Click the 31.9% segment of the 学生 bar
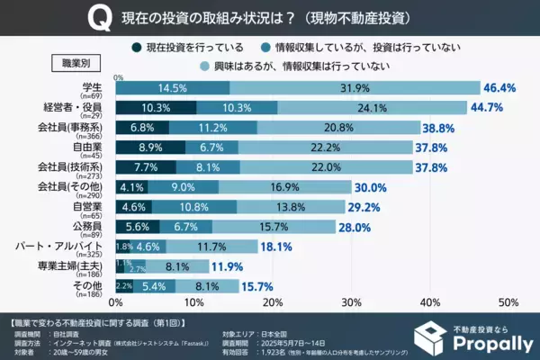coord(354,88)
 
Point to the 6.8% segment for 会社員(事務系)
coord(143,128)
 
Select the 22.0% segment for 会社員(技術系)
coord(327,167)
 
